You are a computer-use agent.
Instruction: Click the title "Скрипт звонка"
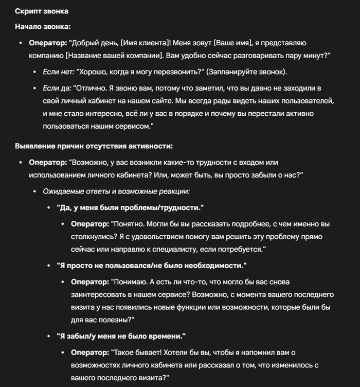(x=41, y=11)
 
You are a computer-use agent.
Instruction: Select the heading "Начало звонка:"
(x=43, y=26)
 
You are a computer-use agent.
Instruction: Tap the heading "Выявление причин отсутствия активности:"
(x=94, y=146)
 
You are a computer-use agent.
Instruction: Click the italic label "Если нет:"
(x=59, y=71)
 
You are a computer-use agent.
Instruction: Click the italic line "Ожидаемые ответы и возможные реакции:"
(x=116, y=191)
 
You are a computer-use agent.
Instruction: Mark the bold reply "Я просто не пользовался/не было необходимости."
(x=152, y=266)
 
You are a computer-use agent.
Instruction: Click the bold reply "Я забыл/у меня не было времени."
(x=121, y=336)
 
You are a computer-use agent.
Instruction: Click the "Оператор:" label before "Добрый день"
(x=48, y=42)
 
